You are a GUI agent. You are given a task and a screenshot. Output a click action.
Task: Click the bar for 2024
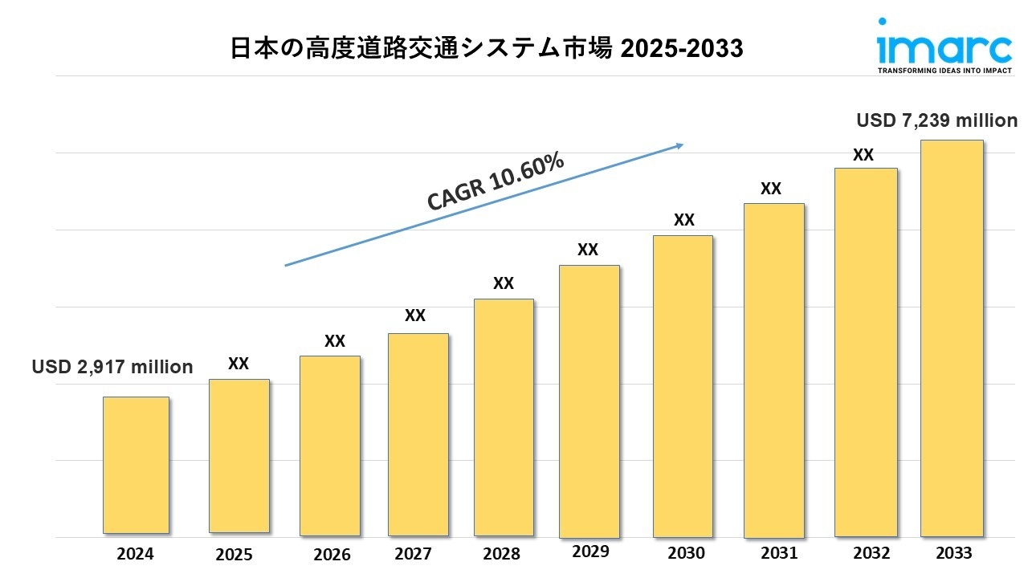point(136,465)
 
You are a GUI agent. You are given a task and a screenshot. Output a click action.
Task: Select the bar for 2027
point(418,434)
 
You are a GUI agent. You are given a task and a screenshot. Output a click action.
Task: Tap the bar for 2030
point(683,386)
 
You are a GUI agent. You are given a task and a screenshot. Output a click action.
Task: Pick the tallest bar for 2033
point(952,338)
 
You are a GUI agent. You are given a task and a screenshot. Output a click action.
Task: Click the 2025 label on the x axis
point(234,554)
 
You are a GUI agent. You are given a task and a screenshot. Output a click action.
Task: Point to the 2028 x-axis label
point(503,554)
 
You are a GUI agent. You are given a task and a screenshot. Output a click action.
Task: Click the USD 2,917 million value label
point(112,367)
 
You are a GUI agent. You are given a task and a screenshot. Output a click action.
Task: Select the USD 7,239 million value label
point(936,120)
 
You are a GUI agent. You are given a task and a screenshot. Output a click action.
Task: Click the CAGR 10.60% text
point(496,183)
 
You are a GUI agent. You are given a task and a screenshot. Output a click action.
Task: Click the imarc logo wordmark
point(944,47)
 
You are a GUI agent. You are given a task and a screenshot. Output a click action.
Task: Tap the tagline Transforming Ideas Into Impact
point(944,71)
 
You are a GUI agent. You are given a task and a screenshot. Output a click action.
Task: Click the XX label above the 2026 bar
point(335,341)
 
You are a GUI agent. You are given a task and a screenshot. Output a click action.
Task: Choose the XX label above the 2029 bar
point(588,250)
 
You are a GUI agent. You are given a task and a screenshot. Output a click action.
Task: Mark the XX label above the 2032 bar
point(863,155)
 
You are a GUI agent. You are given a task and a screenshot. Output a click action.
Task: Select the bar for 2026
point(330,446)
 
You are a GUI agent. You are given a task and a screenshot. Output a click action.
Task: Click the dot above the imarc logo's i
point(883,22)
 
